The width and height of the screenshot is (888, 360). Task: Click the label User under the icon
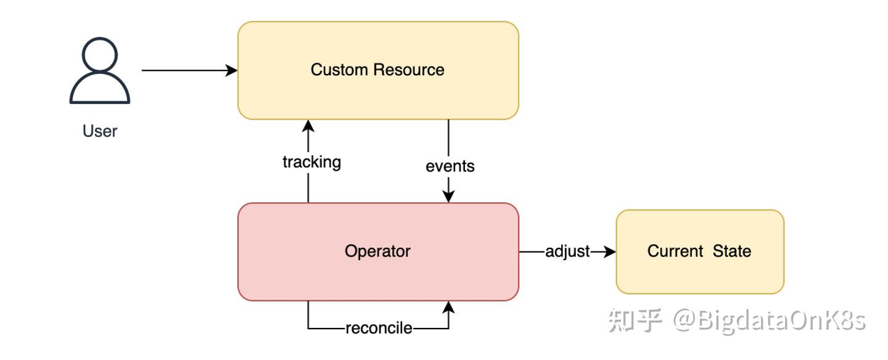99,131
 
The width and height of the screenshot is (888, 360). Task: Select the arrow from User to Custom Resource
185,70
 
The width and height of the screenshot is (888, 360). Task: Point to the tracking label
311,162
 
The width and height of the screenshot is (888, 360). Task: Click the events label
450,166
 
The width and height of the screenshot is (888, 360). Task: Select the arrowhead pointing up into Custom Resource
308,126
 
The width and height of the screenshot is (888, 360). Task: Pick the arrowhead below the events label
449,196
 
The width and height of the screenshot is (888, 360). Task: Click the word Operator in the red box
377,252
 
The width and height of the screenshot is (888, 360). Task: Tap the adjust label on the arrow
567,252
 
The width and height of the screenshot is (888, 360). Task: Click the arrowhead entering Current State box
610,252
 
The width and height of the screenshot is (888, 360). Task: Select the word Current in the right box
675,252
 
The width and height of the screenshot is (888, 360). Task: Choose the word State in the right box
732,252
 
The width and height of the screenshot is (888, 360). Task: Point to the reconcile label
379,329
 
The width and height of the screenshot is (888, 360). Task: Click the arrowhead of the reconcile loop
449,307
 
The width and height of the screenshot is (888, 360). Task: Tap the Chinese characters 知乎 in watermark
635,321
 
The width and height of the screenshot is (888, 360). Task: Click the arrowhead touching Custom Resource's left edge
232,70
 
